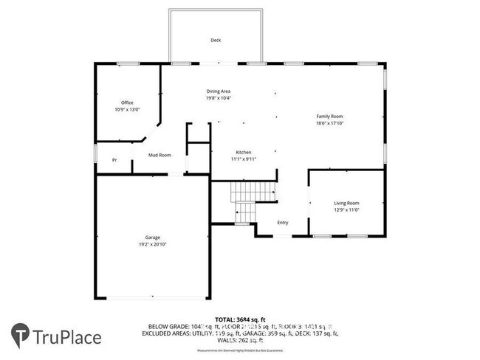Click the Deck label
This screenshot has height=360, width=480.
pyautogui.click(x=216, y=41)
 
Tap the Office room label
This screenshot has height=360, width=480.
pyautogui.click(x=127, y=103)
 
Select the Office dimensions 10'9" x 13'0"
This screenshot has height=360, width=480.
pyautogui.click(x=127, y=109)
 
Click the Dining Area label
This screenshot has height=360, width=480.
pyautogui.click(x=219, y=91)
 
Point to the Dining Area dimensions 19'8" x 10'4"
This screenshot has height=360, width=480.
pyautogui.click(x=219, y=97)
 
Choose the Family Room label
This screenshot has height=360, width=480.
pyautogui.click(x=329, y=117)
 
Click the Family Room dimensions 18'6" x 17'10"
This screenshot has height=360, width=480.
pyautogui.click(x=329, y=123)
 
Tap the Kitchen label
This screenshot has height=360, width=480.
pyautogui.click(x=244, y=152)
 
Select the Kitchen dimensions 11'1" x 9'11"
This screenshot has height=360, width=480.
pyautogui.click(x=244, y=159)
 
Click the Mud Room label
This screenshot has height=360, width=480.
pyautogui.click(x=160, y=155)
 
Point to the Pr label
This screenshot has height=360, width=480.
pyautogui.click(x=114, y=160)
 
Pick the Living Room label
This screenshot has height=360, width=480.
pyautogui.click(x=346, y=203)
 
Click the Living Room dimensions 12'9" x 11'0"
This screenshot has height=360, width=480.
pyautogui.click(x=346, y=210)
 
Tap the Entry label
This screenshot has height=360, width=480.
pyautogui.click(x=283, y=223)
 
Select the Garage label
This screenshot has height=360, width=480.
pyautogui.click(x=152, y=238)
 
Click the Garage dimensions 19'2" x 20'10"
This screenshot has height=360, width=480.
pyautogui.click(x=152, y=244)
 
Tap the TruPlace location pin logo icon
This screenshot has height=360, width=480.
pyautogui.click(x=20, y=336)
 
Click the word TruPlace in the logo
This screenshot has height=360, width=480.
pyautogui.click(x=67, y=337)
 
